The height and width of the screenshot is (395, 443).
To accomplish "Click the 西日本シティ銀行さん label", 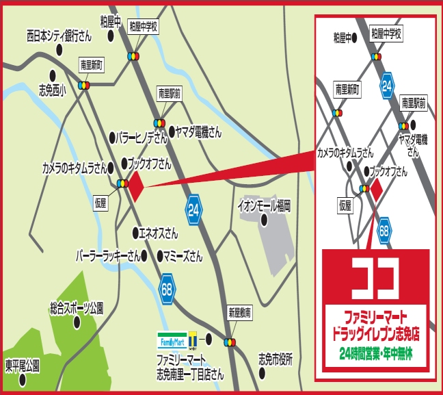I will (x=58, y=34).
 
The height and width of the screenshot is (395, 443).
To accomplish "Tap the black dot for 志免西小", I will (x=51, y=75).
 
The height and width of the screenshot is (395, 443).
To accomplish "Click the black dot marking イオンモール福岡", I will (x=264, y=219).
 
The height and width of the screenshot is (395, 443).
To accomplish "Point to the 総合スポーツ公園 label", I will (x=77, y=309).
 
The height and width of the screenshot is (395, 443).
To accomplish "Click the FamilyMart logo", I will (x=172, y=340).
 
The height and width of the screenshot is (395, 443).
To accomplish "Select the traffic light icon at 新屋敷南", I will (x=230, y=342).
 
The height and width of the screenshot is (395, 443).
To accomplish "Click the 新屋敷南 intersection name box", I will (x=239, y=312).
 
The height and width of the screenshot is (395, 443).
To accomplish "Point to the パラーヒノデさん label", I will (x=142, y=138).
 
